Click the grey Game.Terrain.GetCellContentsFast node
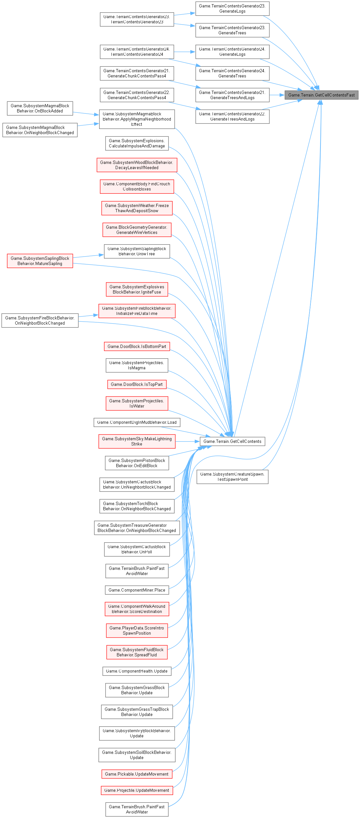321,95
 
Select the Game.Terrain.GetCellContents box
232,441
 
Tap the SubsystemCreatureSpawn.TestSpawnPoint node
232,477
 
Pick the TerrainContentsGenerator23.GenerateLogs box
232,8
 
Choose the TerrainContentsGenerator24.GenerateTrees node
232,73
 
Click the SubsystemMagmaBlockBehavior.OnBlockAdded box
40,108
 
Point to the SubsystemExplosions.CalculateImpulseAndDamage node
137,143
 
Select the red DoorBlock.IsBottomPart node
137,346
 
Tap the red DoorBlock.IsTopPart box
137,384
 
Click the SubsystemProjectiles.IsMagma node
137,365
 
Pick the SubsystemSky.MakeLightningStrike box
137,441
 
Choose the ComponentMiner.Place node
137,590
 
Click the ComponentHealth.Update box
137,671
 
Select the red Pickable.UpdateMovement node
137,774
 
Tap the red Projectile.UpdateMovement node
137,790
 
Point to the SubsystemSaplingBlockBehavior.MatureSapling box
40,261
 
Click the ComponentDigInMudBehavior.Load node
137,422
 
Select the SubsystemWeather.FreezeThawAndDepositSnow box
137,208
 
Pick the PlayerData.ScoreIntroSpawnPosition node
137,630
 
